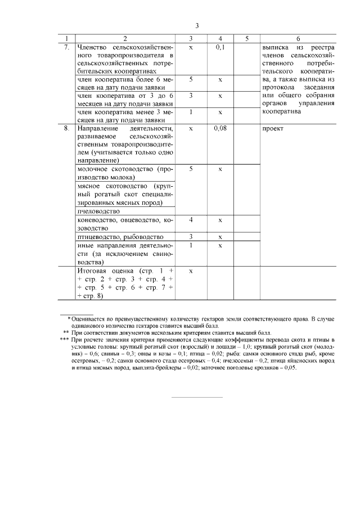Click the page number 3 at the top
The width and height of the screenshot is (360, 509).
click(x=197, y=26)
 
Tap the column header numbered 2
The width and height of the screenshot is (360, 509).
click(x=125, y=38)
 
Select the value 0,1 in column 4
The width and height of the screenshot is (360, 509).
click(x=220, y=47)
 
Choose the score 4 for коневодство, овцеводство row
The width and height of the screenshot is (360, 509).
click(x=191, y=220)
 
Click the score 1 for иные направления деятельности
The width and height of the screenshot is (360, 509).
click(x=191, y=245)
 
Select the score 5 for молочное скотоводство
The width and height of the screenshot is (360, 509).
click(x=191, y=169)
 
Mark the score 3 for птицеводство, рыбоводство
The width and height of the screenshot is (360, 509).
click(x=191, y=237)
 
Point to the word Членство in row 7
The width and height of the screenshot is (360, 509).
click(x=91, y=47)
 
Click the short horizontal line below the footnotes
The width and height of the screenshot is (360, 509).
click(x=196, y=398)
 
